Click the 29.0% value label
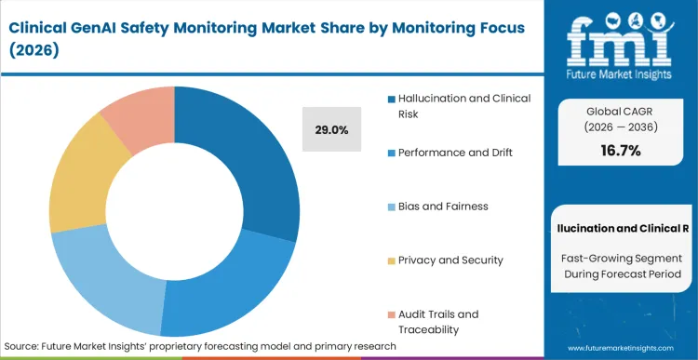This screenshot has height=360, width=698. tap(332, 130)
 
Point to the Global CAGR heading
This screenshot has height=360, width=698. tap(619, 109)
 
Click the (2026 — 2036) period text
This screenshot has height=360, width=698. tap(619, 127)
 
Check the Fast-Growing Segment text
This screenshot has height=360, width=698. tap(619, 256)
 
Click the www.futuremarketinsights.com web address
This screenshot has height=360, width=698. tap(620, 346)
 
